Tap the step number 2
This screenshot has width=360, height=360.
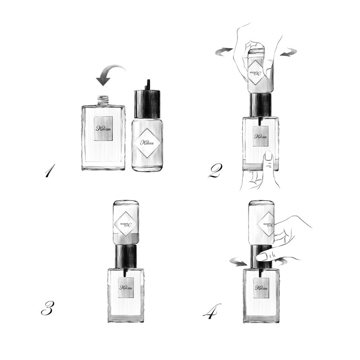(214, 171)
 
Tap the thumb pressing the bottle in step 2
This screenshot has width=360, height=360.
(268, 161)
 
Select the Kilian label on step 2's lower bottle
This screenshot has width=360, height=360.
(260, 137)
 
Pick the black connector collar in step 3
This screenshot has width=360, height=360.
(126, 256)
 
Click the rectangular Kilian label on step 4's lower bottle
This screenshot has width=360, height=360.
(261, 288)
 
